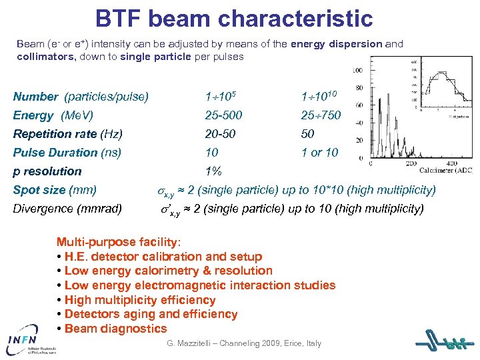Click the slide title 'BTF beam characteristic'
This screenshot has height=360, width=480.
[233, 18]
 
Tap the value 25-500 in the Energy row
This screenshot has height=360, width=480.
[223, 115]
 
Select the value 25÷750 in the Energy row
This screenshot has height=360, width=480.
[321, 115]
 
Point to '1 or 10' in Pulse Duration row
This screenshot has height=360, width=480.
[320, 153]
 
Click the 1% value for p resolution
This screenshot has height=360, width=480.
[213, 171]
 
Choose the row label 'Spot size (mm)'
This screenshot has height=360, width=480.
[55, 190]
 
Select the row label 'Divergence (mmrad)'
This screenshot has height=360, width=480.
[67, 209]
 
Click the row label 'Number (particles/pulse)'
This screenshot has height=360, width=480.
[80, 97]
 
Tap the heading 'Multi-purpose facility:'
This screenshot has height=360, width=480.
[118, 242]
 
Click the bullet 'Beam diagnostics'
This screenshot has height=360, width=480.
[112, 329]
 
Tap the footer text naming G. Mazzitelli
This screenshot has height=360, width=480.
[243, 343]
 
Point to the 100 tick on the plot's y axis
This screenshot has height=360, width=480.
[357, 70]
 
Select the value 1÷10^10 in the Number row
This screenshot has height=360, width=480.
[321, 96]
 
